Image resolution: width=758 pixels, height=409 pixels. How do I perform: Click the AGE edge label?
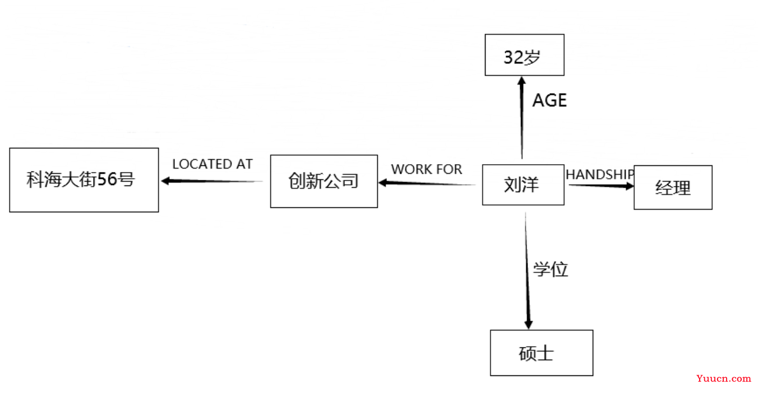coord(549,100)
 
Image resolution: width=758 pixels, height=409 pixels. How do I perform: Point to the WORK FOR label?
coord(426,169)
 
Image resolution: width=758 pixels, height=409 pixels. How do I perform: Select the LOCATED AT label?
coord(212,164)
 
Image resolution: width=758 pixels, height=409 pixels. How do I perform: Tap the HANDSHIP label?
coord(599,175)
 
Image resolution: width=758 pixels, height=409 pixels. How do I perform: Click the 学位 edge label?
coord(551,269)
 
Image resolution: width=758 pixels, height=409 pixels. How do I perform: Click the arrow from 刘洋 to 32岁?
coord(522,118)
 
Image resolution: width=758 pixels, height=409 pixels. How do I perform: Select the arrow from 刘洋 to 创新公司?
coord(427,183)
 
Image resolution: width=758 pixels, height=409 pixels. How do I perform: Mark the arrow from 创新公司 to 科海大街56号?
coord(212,182)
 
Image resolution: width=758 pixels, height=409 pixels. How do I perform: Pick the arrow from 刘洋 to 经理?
coord(602,185)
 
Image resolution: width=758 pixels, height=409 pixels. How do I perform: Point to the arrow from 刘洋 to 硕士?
coord(527,271)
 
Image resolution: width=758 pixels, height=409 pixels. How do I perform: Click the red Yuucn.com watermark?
coord(723,379)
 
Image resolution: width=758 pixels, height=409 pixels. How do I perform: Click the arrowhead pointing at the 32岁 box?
coord(522,81)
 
